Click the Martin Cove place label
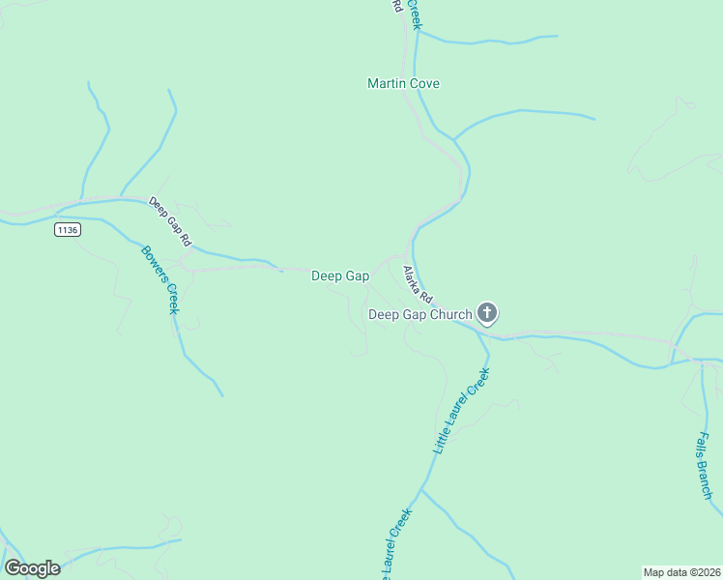(x=403, y=84)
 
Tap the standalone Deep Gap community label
(x=340, y=276)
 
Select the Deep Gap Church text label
(x=420, y=314)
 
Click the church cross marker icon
(x=487, y=313)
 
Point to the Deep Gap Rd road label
(x=170, y=221)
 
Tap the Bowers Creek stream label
(x=160, y=279)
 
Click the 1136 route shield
(x=67, y=230)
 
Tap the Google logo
(x=32, y=568)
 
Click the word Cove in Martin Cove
(x=424, y=84)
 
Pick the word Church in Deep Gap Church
(x=451, y=314)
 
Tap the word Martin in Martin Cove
(x=387, y=84)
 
